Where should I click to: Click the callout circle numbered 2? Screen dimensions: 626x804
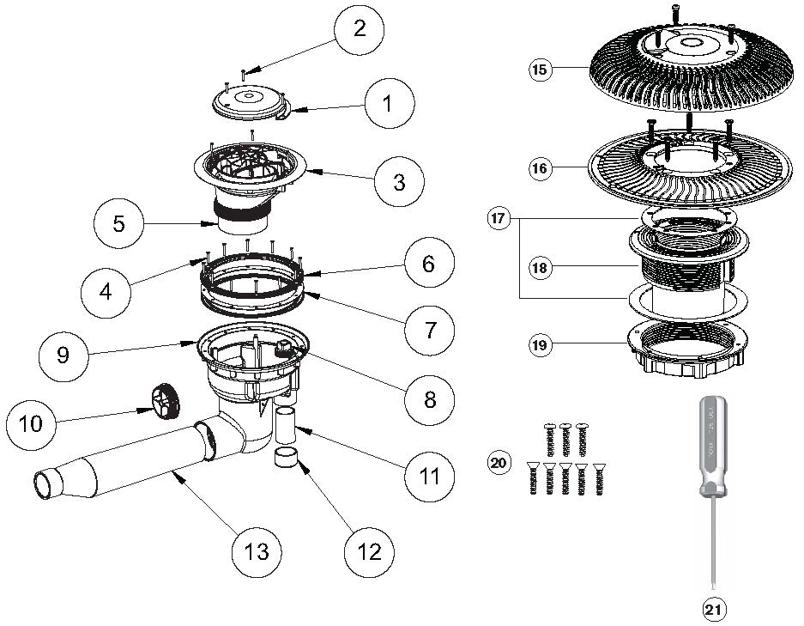360,28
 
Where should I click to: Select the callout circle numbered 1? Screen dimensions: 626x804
389,105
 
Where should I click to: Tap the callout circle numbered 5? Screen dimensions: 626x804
118,223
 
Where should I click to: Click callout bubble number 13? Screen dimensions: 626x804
257,550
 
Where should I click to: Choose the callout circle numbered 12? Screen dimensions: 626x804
370,552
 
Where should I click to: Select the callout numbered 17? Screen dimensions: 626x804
496,220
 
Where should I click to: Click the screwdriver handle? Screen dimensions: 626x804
712,446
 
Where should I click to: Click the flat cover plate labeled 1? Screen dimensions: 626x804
249,100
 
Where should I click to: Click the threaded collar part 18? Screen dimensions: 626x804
686,266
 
